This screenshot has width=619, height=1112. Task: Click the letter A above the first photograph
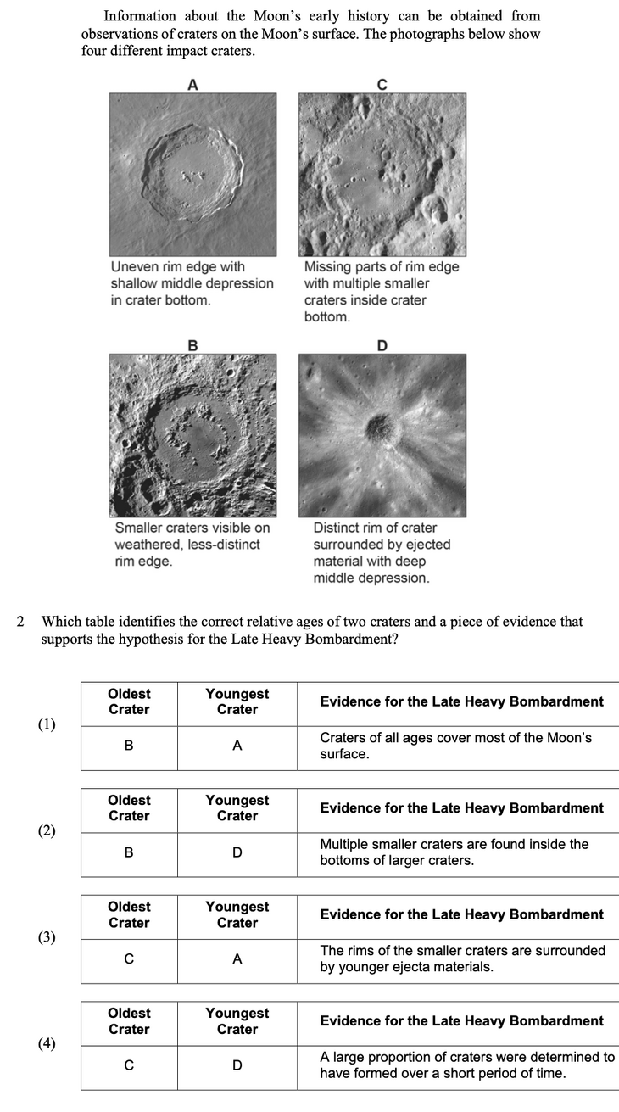click(192, 84)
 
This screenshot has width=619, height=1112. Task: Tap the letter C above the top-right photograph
click(382, 84)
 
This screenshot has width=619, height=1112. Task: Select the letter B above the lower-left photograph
click(192, 345)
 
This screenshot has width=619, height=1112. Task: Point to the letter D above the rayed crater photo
click(382, 345)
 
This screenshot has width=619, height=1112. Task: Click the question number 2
click(21, 622)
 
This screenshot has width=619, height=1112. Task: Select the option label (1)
click(47, 724)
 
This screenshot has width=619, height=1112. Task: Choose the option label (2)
click(47, 830)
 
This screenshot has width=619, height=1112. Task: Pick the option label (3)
click(47, 936)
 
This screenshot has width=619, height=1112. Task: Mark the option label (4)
click(47, 1043)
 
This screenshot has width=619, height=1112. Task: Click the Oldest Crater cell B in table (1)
click(129, 746)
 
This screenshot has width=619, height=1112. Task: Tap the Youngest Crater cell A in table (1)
click(237, 746)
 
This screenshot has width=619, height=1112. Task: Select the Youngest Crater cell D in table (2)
click(237, 852)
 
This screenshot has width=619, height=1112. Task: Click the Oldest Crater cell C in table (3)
click(129, 958)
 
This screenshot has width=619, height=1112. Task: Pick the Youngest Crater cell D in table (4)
click(237, 1065)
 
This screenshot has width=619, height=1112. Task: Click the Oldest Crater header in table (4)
click(129, 1021)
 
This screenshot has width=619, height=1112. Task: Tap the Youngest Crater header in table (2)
click(237, 808)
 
